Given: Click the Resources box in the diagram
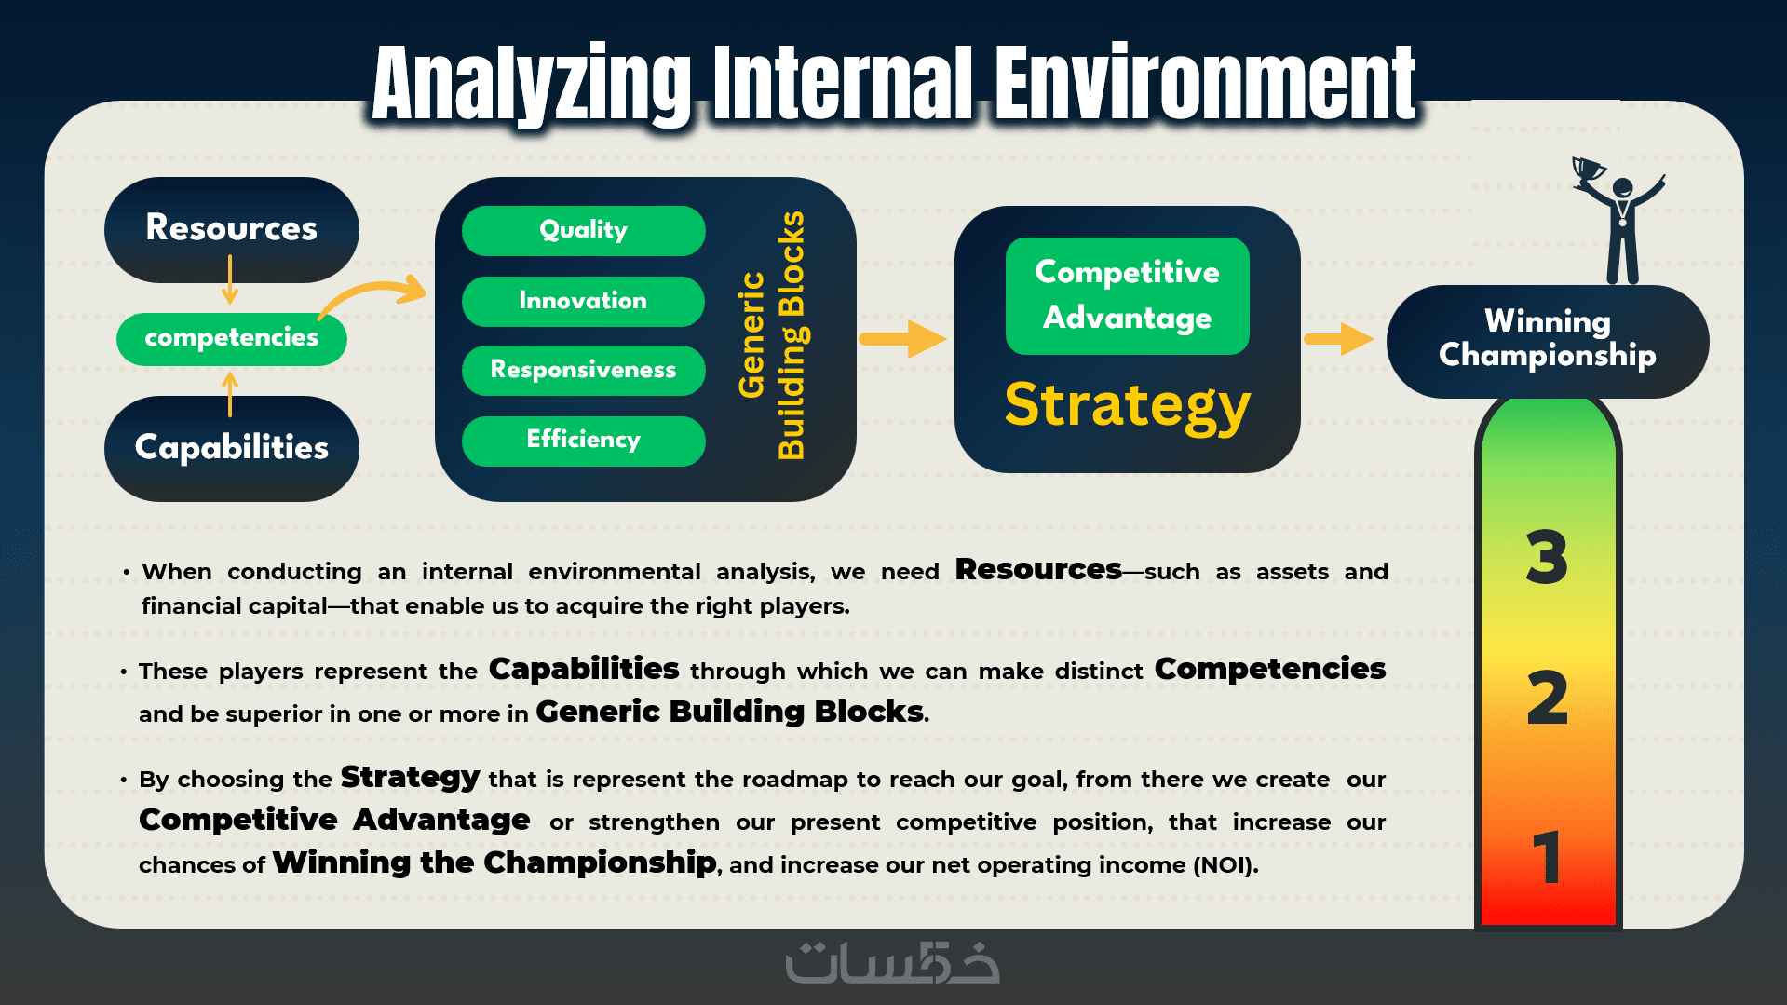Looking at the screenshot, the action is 232,230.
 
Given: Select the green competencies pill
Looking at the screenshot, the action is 232,338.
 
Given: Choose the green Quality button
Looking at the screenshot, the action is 584,230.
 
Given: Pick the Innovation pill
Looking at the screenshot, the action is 584,301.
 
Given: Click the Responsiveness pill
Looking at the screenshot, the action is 584,371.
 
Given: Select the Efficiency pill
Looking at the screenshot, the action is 584,441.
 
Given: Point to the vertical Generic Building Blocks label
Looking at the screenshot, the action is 772,335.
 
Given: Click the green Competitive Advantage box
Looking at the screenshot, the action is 1128,295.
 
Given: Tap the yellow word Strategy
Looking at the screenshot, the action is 1128,406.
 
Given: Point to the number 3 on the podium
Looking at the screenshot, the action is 1547,557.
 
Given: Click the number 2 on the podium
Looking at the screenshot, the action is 1548,698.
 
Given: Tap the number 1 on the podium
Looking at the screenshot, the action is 1547,857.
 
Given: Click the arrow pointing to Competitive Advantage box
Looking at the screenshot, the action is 902,339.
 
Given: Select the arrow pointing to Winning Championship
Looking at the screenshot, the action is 1339,339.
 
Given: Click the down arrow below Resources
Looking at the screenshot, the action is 230,279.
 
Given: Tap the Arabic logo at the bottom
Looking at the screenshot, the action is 893,962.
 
